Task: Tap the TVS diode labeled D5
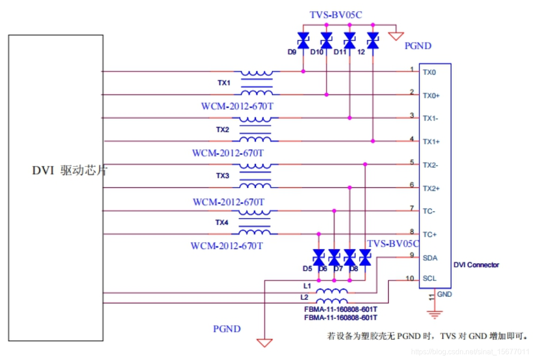coord(318,258)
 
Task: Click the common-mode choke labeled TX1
coord(256,83)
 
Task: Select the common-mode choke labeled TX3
coord(256,176)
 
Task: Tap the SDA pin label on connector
coord(430,258)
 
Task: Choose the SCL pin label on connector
coord(429,278)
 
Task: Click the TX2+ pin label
coord(431,188)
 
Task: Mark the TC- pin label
coord(428,211)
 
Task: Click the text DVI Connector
coord(476,265)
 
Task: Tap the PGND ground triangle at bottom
coord(264,342)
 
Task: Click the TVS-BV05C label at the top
coord(336,15)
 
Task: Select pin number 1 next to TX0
coord(412,69)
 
